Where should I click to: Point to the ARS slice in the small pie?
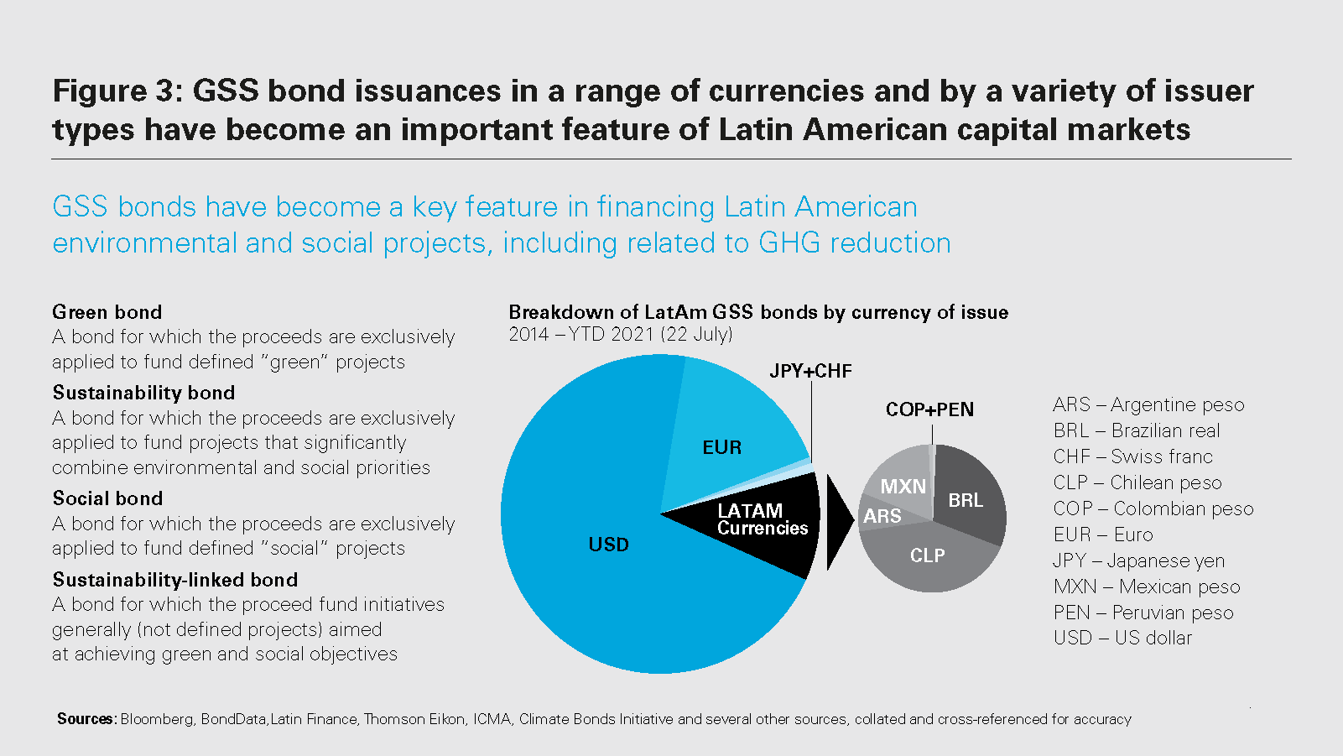[882, 516]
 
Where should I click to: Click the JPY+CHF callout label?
[810, 371]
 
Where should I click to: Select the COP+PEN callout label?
[929, 409]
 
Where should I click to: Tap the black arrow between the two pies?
[838, 522]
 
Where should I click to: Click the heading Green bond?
[107, 312]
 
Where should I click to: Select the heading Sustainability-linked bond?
[175, 580]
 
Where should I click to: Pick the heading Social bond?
[107, 498]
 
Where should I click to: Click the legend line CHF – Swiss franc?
[1132, 456]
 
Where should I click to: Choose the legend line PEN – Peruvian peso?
[1143, 613]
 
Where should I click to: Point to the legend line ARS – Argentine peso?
[1148, 404]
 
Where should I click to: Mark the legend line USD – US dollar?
[1122, 638]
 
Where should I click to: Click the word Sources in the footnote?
[86, 719]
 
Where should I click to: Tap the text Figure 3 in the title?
[117, 91]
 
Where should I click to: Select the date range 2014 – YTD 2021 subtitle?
[621, 334]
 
